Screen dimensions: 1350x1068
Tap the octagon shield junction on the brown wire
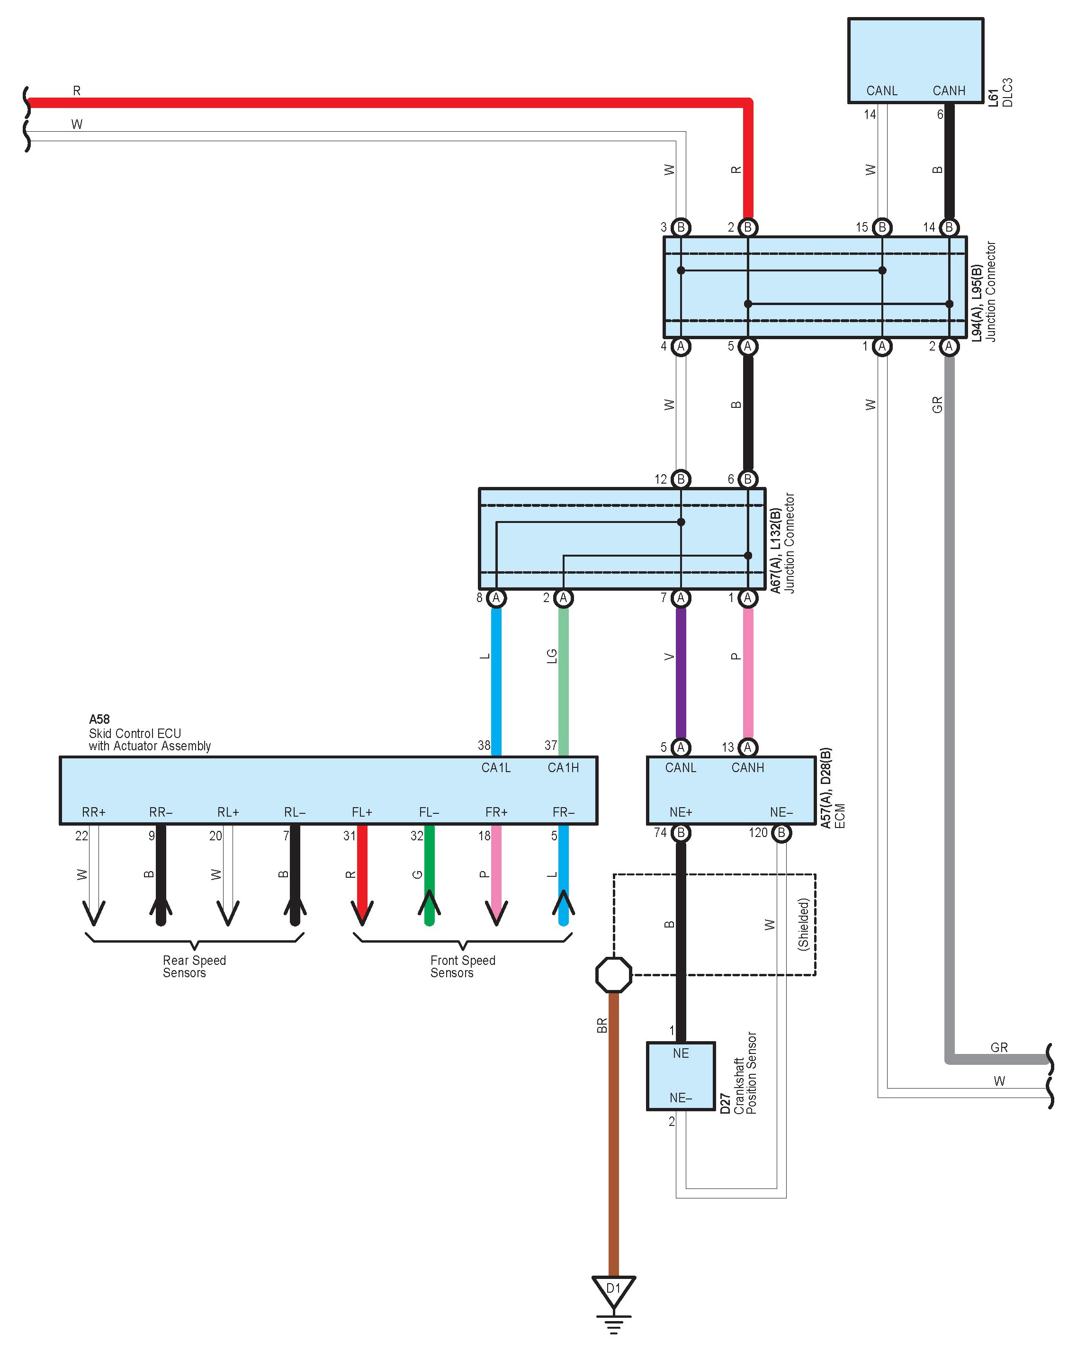point(613,974)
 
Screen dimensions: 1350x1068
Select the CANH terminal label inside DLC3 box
point(949,90)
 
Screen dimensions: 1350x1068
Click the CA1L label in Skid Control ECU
point(496,767)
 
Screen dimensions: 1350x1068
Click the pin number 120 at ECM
point(758,832)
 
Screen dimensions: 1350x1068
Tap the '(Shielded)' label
point(804,924)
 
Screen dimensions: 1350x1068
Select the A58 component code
point(99,719)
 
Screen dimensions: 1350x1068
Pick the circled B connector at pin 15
point(882,228)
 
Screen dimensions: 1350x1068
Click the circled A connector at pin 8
point(496,598)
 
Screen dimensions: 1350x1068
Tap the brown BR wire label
point(601,1026)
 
